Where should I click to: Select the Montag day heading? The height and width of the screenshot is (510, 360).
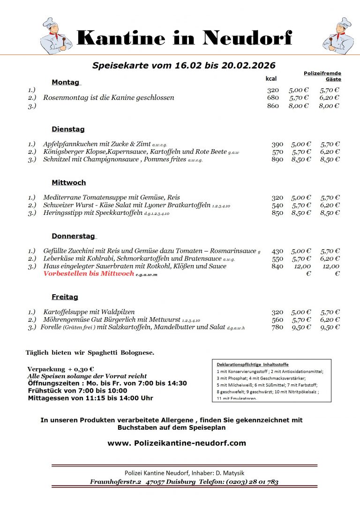click(x=66, y=83)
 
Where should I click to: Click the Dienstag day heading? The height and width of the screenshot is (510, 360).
click(x=68, y=129)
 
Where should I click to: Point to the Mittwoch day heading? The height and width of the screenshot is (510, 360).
click(x=68, y=183)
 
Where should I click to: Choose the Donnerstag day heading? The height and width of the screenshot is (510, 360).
click(x=73, y=236)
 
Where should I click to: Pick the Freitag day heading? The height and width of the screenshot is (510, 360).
click(x=65, y=297)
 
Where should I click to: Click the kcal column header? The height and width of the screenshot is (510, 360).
click(x=271, y=79)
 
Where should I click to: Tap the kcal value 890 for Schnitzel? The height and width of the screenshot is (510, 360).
click(x=277, y=160)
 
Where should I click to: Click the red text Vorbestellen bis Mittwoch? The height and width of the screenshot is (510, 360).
click(x=89, y=274)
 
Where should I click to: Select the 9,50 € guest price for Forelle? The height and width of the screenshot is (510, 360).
click(x=330, y=327)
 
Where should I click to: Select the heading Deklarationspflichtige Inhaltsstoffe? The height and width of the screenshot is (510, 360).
click(x=253, y=365)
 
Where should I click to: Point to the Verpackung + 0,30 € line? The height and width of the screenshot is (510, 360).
click(x=60, y=369)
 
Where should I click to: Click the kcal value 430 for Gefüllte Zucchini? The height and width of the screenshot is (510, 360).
click(x=277, y=251)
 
